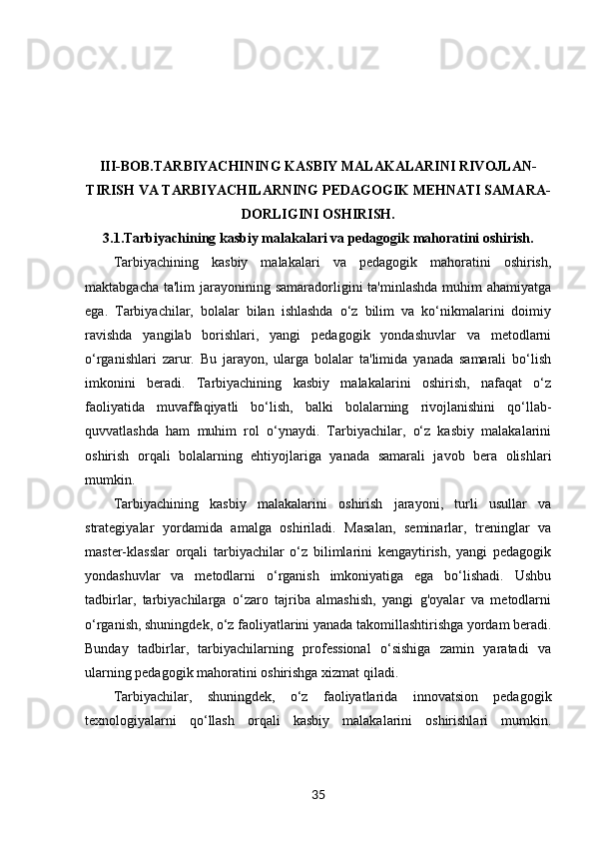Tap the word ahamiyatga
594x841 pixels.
(x=518, y=288)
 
